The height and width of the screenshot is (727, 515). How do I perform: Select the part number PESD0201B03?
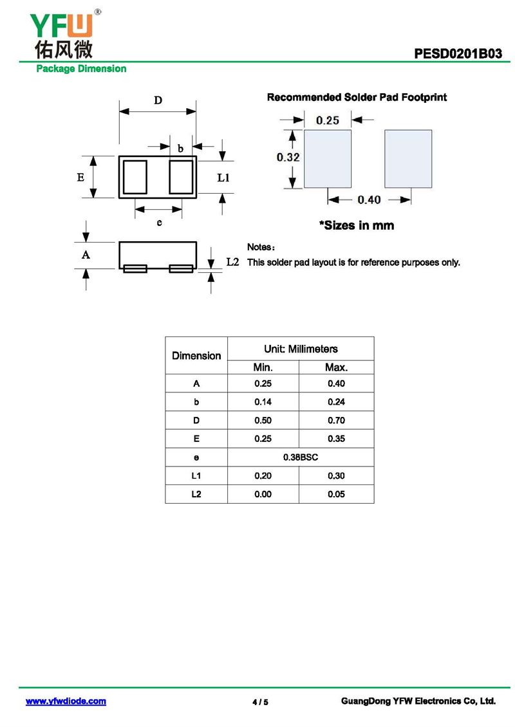458,53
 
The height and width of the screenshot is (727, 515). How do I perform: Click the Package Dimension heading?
81,69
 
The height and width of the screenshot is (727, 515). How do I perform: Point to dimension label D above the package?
158,100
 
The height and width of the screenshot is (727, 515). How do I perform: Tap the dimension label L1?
223,178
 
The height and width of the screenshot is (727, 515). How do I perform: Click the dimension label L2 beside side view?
233,262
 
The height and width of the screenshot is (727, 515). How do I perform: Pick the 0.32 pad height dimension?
288,157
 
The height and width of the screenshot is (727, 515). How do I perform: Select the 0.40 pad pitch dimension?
369,200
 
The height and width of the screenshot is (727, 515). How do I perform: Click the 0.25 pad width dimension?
328,120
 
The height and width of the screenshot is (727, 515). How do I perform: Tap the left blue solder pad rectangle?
327,159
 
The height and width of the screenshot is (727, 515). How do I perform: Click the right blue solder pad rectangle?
408,159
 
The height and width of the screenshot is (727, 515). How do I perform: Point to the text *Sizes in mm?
357,226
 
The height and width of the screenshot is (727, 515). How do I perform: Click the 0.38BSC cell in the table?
301,457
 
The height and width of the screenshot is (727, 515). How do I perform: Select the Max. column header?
336,367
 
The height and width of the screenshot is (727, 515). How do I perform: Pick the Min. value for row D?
263,421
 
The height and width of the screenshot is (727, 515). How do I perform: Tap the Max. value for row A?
336,384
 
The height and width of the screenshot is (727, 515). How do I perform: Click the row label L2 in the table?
196,494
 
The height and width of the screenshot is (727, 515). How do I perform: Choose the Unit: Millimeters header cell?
301,349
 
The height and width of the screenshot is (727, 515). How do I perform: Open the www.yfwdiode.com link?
66,701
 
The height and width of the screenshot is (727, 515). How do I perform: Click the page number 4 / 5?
260,702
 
